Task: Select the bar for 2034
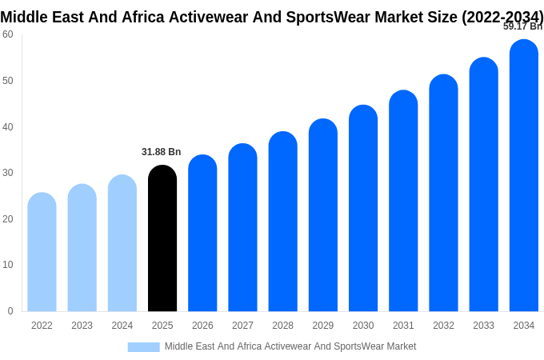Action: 523,176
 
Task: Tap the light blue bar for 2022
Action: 42,252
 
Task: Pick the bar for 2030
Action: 363,208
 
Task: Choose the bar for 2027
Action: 242,228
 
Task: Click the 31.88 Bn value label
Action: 162,152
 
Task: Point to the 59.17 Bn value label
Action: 522,26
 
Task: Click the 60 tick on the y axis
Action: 8,34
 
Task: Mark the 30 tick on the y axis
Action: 8,173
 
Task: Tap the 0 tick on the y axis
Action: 10,311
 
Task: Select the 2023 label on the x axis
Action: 82,326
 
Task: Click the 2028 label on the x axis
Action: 282,326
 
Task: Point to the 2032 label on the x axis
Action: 443,326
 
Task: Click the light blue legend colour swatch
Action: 144,347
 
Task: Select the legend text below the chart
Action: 290,346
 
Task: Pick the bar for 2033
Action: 483,185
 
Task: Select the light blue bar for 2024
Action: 122,243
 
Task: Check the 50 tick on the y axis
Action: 8,81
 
